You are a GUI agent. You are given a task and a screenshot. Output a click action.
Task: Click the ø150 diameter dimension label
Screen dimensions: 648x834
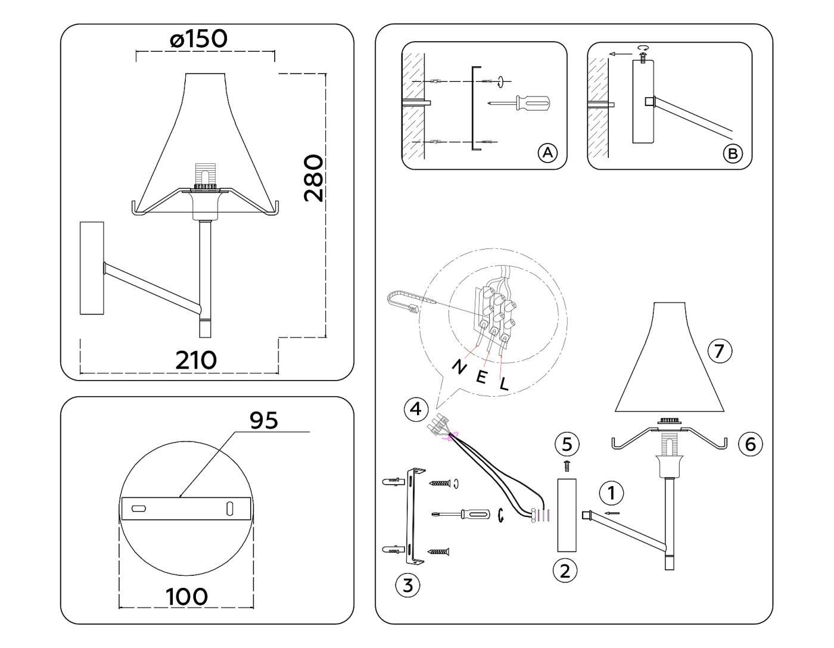198,39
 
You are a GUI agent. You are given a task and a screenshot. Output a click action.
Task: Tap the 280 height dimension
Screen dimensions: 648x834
313,179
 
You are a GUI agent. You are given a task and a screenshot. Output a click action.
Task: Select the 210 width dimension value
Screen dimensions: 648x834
196,360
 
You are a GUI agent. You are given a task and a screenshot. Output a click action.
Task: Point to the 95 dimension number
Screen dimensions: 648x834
263,420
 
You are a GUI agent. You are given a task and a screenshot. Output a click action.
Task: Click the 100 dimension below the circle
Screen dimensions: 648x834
186,596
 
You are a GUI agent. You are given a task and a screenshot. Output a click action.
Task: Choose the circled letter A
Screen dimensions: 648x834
547,153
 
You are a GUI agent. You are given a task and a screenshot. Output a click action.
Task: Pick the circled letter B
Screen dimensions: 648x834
732,154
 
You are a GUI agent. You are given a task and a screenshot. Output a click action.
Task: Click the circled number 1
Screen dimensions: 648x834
611,493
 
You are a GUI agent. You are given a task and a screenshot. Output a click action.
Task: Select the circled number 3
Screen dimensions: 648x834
407,585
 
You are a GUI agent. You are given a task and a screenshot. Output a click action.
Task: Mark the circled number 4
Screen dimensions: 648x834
416,409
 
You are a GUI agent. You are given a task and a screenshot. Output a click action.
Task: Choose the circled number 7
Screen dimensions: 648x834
719,351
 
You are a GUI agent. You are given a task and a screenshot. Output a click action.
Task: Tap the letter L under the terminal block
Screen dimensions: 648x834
504,384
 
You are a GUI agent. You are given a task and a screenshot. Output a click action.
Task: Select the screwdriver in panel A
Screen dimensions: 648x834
520,104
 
